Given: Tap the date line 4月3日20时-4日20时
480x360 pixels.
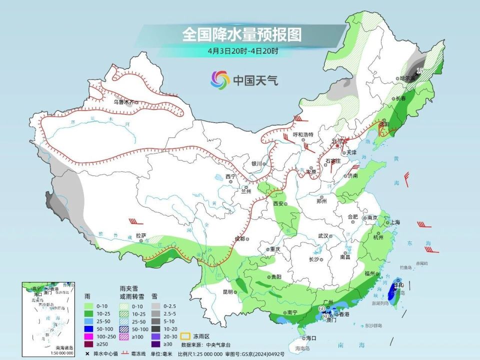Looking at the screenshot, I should (243, 50).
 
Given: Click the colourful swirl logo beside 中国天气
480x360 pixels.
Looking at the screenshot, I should (220, 79).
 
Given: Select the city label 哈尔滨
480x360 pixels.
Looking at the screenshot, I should (407, 78).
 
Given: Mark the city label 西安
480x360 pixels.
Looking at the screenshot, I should (278, 204).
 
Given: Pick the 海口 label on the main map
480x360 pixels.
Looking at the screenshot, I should (311, 338).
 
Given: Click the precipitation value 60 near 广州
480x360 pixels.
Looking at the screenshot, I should (321, 309).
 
